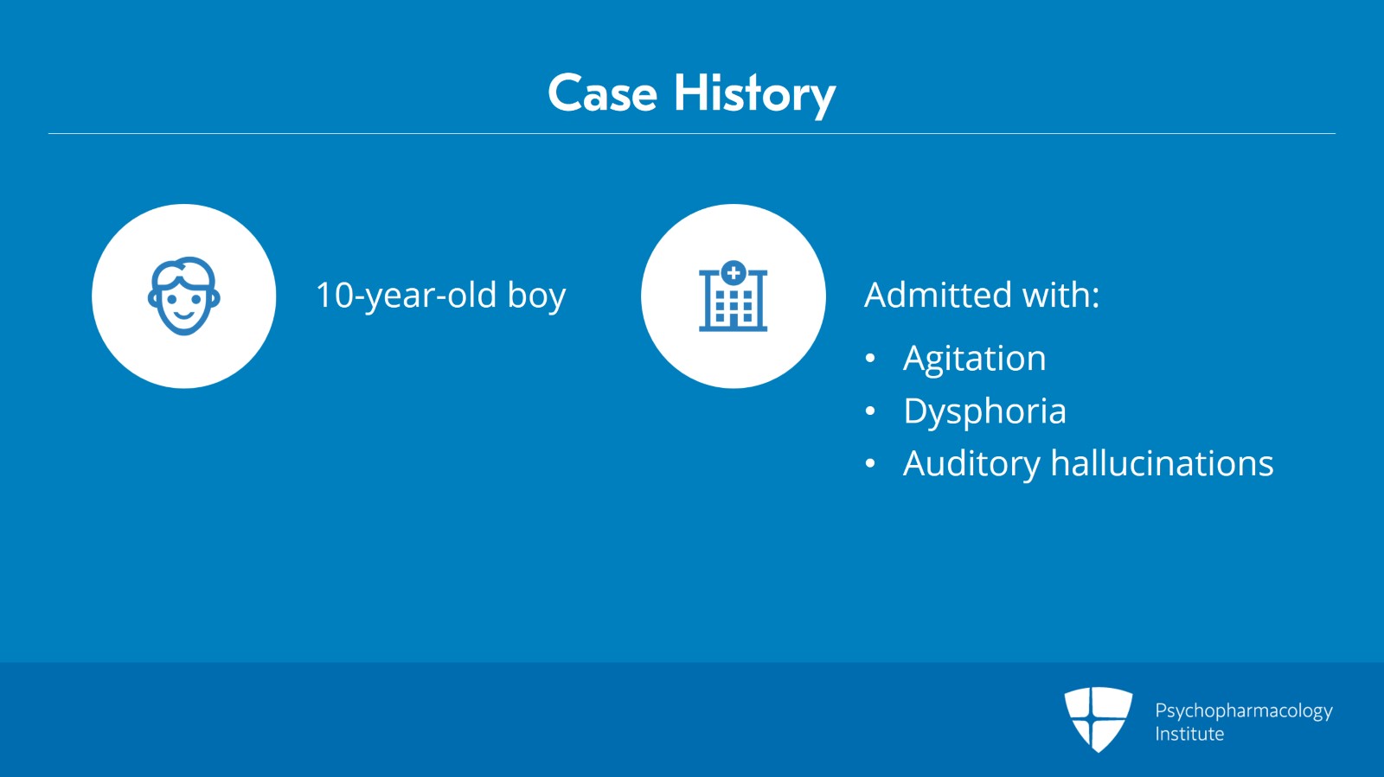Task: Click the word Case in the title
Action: pyautogui.click(x=602, y=94)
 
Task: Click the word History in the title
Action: pyautogui.click(x=754, y=96)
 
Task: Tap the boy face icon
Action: pyautogui.click(x=184, y=296)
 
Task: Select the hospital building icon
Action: pyautogui.click(x=734, y=296)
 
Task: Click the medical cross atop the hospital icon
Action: pyautogui.click(x=734, y=273)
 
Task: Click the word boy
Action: pyautogui.click(x=536, y=296)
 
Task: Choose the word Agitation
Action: pyautogui.click(x=974, y=358)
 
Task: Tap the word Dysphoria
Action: pyautogui.click(x=985, y=411)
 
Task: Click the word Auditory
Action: pyautogui.click(x=971, y=464)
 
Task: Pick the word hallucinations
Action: pyautogui.click(x=1163, y=463)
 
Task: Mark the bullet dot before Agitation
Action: pyautogui.click(x=870, y=359)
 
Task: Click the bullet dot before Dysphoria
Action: pyautogui.click(x=870, y=411)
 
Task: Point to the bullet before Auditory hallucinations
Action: pyautogui.click(x=870, y=463)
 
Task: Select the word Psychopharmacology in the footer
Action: pyautogui.click(x=1244, y=711)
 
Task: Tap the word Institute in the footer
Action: pyautogui.click(x=1189, y=734)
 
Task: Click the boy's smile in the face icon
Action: pyautogui.click(x=183, y=315)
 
